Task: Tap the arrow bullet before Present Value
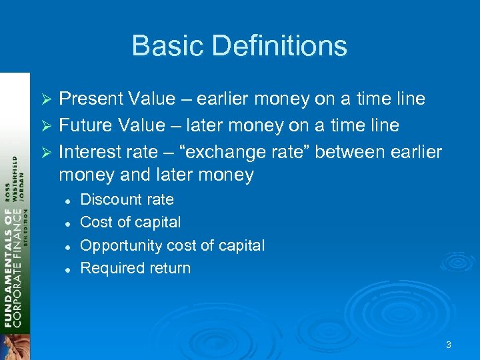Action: [47, 100]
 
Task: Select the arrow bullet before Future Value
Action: [47, 126]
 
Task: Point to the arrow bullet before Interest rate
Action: [47, 153]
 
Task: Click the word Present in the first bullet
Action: [90, 99]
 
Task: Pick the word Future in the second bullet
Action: [85, 125]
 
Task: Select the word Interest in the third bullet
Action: [89, 152]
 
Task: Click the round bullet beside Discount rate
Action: [67, 201]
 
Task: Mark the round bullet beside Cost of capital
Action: [67, 223]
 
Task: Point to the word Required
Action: [109, 269]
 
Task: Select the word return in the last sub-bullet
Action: [171, 269]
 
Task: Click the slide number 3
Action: [449, 345]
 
